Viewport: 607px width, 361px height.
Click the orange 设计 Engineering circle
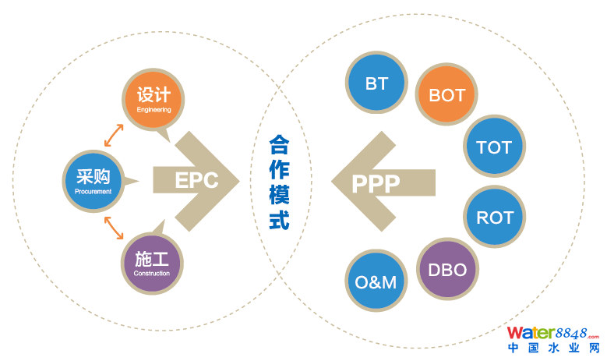tap(153, 99)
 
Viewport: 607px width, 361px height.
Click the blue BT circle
tap(376, 83)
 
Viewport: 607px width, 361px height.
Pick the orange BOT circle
tap(446, 95)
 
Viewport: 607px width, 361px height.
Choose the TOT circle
tap(493, 147)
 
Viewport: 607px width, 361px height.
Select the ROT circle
tap(494, 218)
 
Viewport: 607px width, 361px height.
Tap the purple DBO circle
tap(447, 270)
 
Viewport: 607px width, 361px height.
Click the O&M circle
tap(376, 281)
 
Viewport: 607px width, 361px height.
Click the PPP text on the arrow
tap(376, 184)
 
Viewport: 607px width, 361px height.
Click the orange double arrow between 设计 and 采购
tap(114, 135)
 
